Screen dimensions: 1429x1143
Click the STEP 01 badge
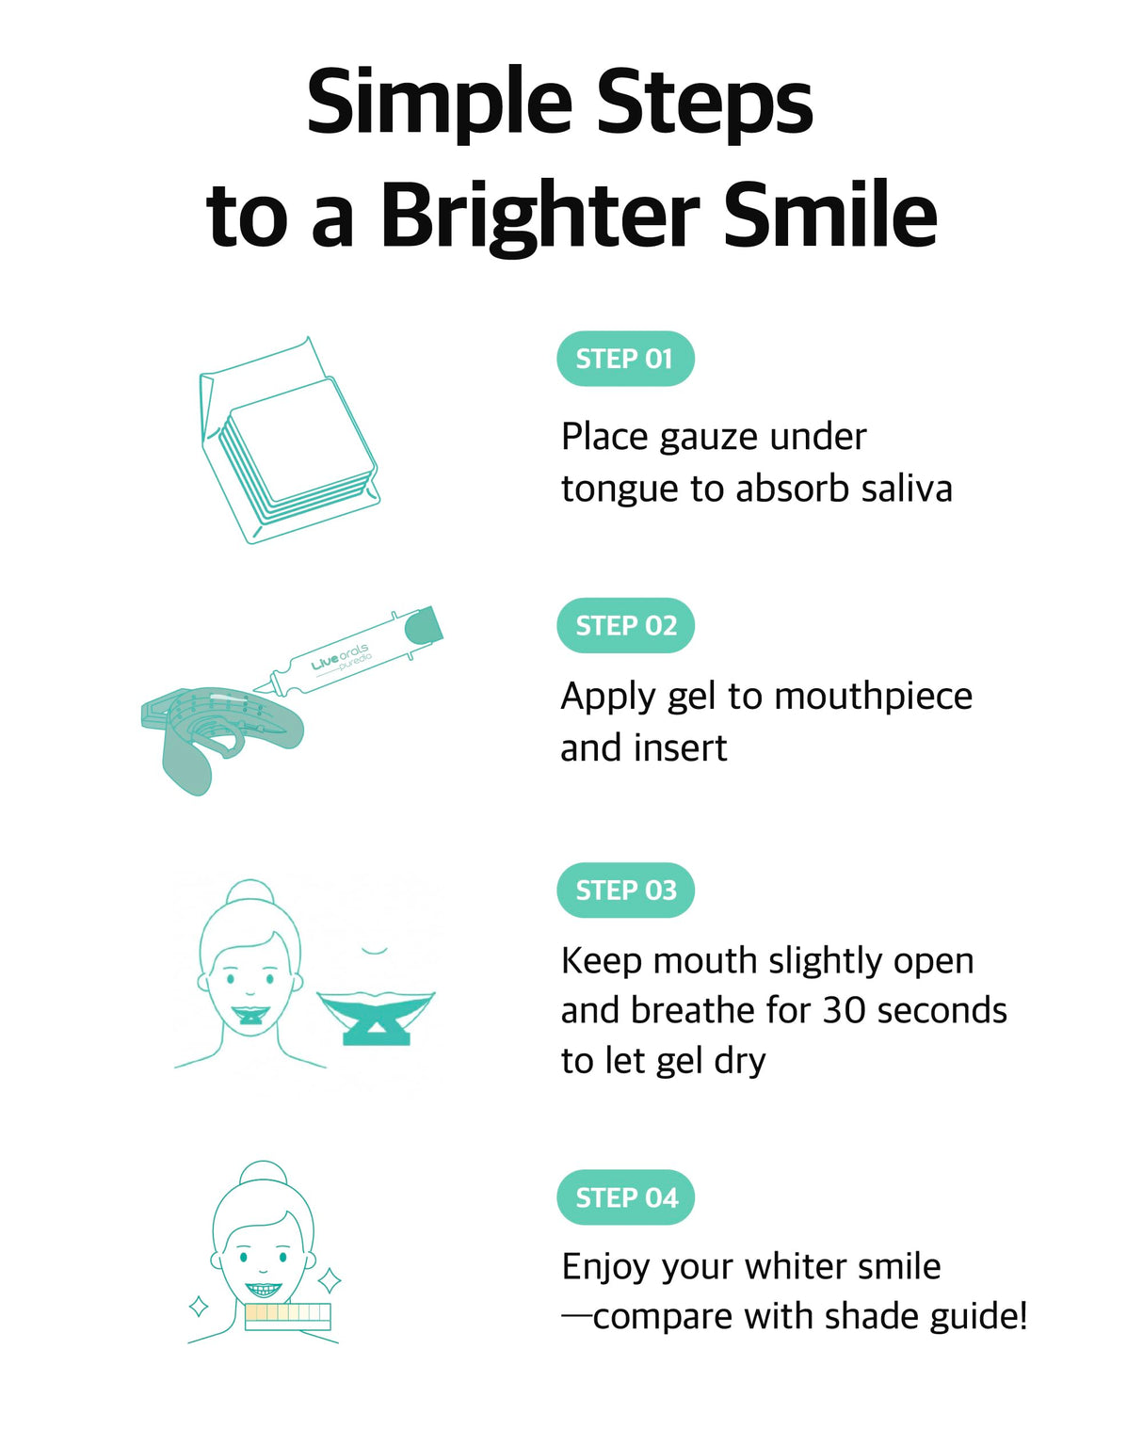pyautogui.click(x=625, y=359)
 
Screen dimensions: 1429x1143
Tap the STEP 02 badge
pyautogui.click(x=625, y=625)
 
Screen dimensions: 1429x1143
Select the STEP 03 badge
pyautogui.click(x=625, y=890)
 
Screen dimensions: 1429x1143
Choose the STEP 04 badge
pyautogui.click(x=625, y=1197)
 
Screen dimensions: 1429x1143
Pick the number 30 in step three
pyautogui.click(x=844, y=1010)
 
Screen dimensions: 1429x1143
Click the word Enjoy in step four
pyautogui.click(x=605, y=1267)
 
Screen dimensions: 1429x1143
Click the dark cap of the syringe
pyautogui.click(x=425, y=624)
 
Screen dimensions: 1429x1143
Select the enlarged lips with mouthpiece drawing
pyautogui.click(x=376, y=1015)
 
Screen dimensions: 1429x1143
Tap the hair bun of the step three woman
pyautogui.click(x=250, y=892)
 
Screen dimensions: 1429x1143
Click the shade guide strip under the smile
pyautogui.click(x=288, y=1316)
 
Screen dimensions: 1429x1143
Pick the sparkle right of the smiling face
pyautogui.click(x=330, y=1280)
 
